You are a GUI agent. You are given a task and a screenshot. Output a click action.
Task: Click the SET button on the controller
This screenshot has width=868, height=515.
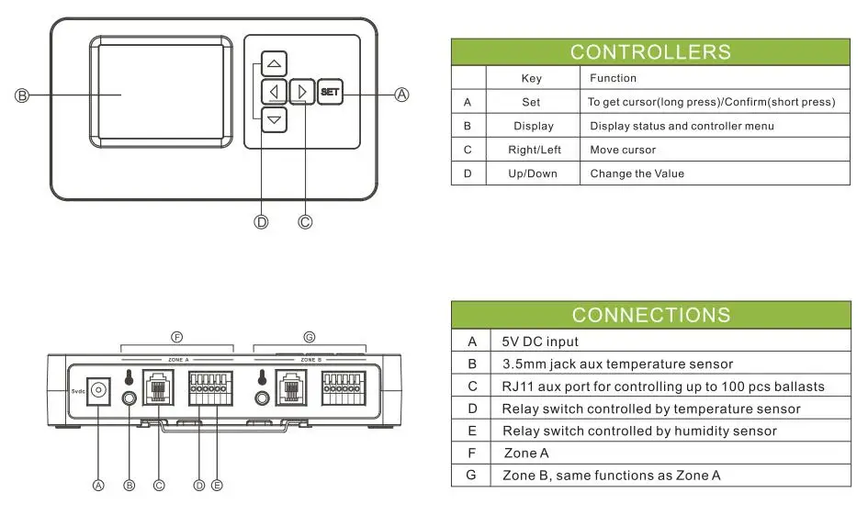330,92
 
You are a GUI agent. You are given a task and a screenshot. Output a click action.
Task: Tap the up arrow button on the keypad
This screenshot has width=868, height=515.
274,64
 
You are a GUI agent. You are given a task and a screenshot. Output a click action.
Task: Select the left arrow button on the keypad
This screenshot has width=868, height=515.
274,92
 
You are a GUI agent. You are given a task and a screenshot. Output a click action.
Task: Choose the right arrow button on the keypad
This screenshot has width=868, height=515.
301,92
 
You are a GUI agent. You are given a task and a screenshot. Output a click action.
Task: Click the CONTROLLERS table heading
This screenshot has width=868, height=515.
650,52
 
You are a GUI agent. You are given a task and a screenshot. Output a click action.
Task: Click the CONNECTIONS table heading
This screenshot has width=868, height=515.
650,315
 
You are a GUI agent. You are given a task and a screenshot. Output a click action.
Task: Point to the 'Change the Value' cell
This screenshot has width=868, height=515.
637,174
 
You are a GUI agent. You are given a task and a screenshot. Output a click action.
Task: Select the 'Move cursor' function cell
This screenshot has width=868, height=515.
623,150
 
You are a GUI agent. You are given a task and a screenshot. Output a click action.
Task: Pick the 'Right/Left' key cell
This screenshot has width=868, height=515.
534,150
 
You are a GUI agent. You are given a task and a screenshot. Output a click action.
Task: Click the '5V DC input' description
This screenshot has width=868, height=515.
540,341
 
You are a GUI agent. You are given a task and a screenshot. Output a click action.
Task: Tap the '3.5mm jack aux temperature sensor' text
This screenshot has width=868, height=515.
617,364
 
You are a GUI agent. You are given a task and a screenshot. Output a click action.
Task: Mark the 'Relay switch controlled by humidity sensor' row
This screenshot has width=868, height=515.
639,431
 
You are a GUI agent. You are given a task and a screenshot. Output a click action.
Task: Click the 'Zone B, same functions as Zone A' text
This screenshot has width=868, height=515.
611,475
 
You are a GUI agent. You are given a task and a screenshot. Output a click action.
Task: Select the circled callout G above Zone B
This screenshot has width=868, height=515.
309,338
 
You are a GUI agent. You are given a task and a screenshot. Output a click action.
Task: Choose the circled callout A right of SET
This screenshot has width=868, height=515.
401,94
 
